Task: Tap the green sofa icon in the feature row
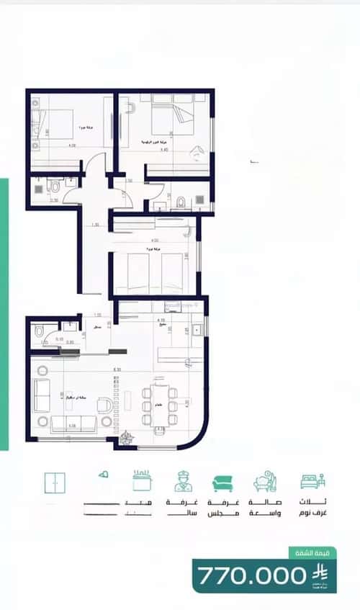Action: click(x=222, y=483)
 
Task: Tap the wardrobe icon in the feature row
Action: click(x=55, y=482)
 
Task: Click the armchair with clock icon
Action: click(x=264, y=482)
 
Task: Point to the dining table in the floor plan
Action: click(x=158, y=407)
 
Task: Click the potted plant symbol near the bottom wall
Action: click(x=127, y=436)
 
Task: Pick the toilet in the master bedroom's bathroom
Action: click(x=182, y=198)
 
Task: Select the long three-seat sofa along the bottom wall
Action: click(x=73, y=422)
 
